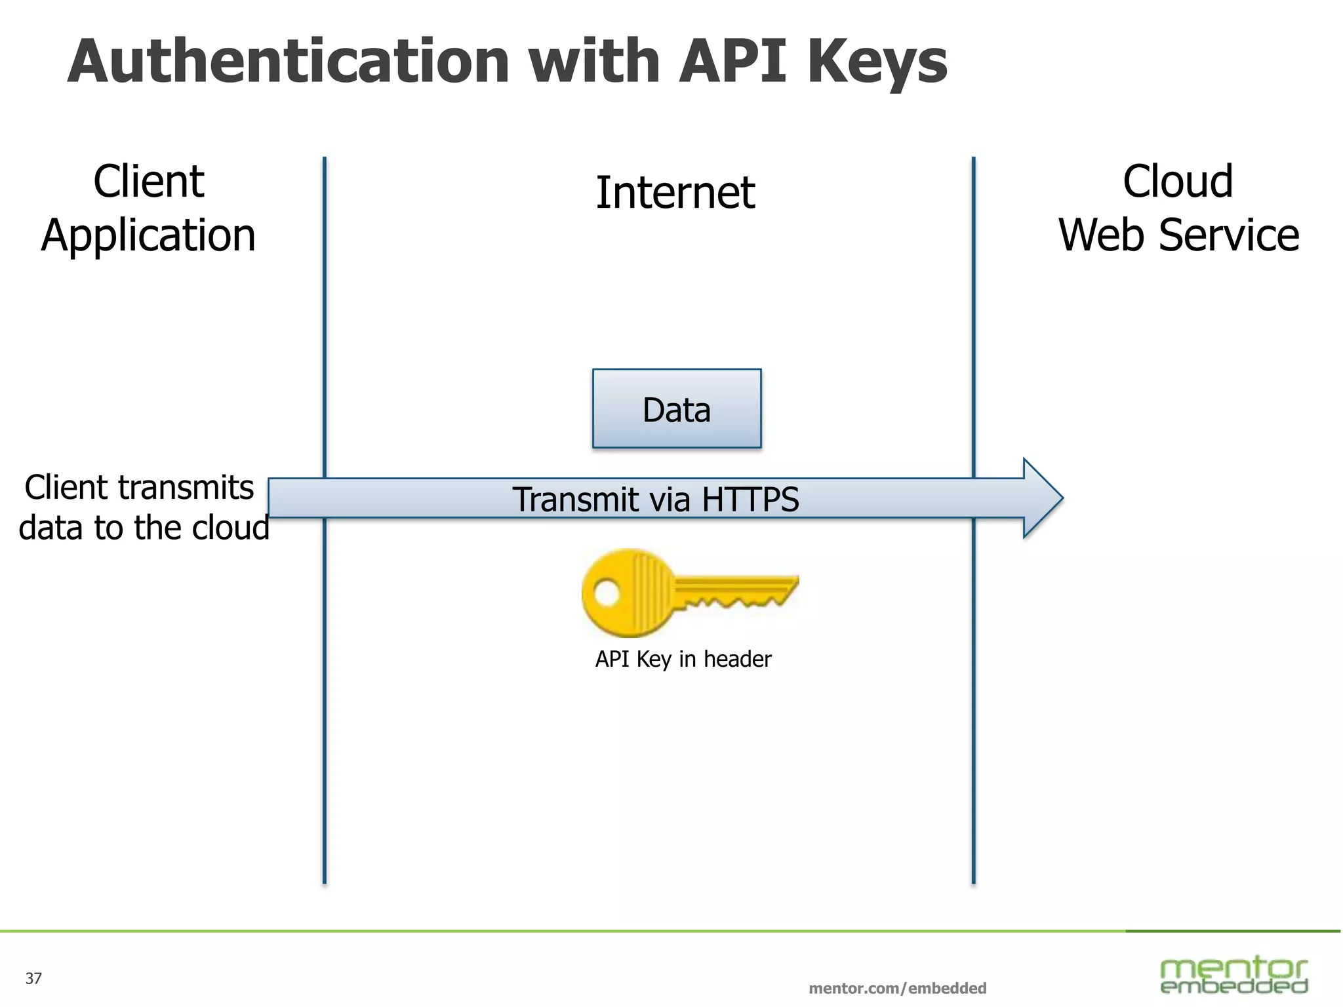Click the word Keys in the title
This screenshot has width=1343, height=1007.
coord(877,62)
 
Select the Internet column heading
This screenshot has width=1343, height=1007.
coord(675,193)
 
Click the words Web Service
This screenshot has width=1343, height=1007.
coord(1178,235)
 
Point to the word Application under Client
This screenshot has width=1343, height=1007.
coord(148,235)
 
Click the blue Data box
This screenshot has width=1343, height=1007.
coord(676,408)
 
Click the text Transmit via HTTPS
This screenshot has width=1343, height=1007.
coord(655,499)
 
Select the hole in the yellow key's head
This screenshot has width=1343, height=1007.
coord(607,593)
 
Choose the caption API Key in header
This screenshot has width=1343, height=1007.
coord(683,659)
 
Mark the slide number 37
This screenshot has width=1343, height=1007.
coord(33,978)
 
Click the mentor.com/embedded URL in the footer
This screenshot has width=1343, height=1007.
coord(897,988)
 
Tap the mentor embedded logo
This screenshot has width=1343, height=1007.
coord(1233,975)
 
